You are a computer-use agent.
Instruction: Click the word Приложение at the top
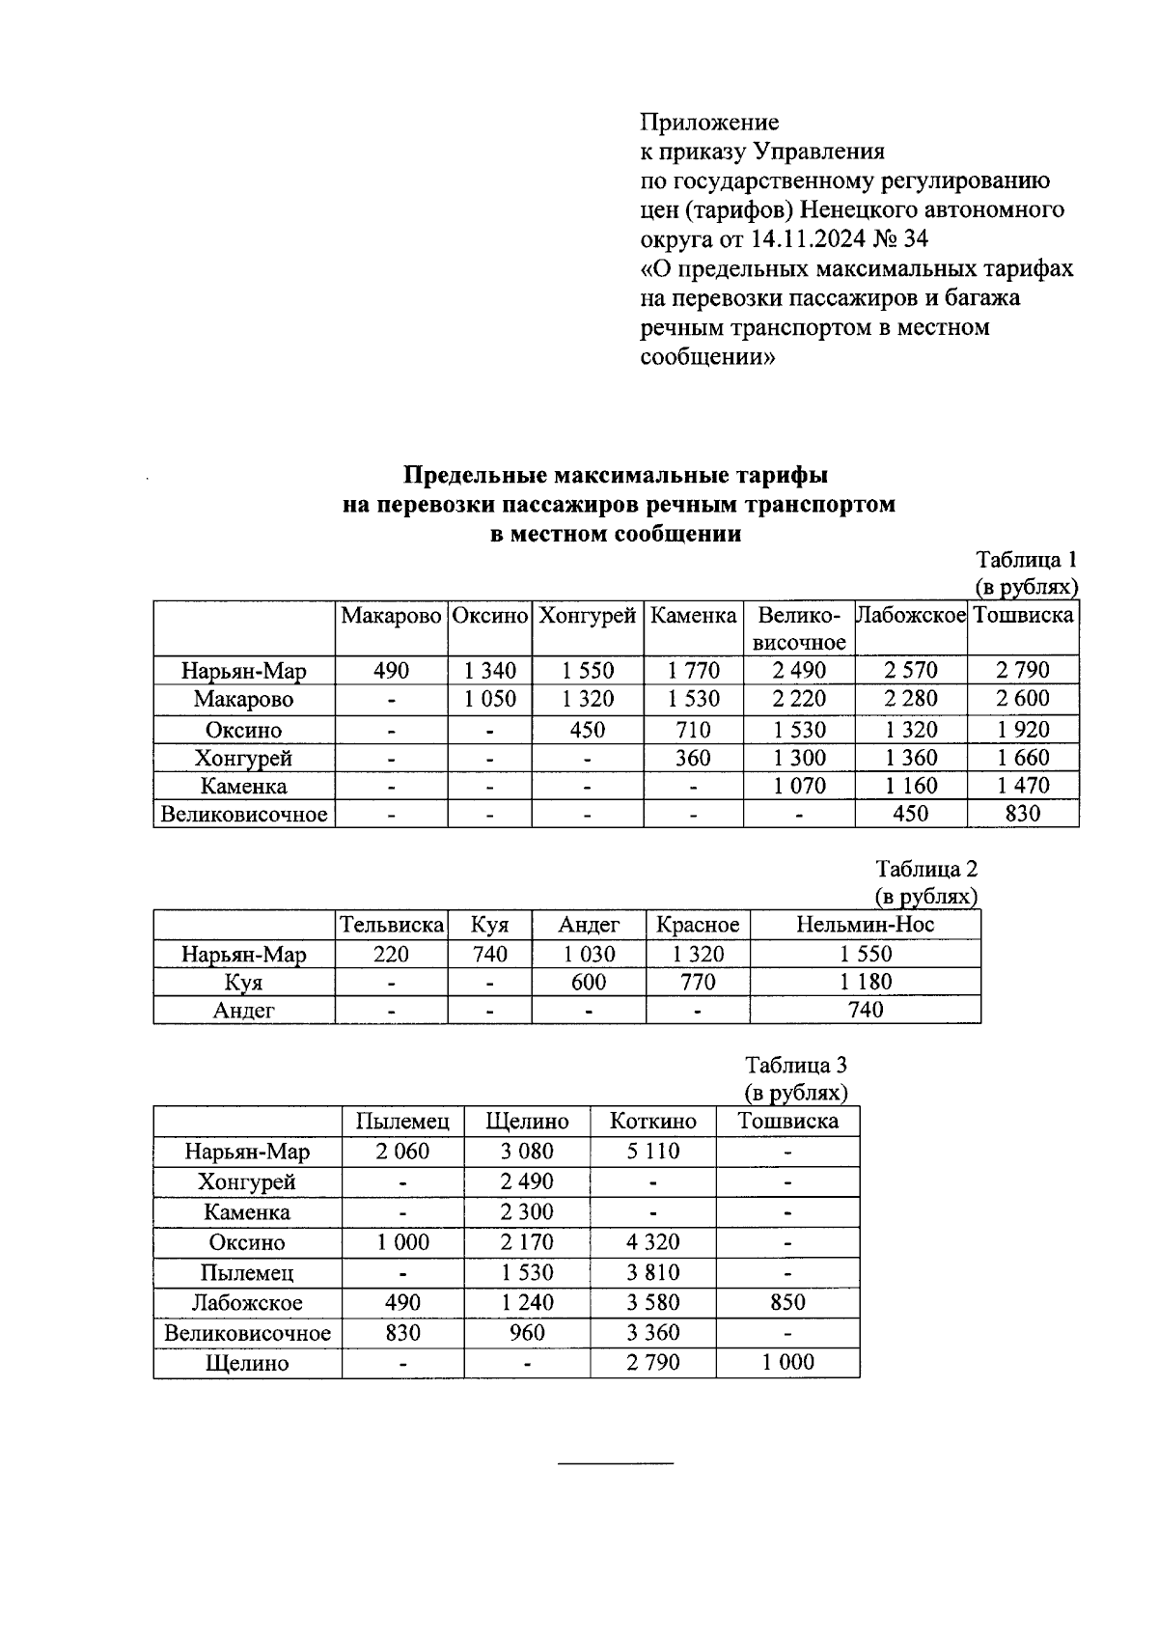click(709, 123)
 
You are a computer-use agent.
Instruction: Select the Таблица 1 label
click(1026, 560)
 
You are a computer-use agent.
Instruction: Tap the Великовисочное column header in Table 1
click(799, 628)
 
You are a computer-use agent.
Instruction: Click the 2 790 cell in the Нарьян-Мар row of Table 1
click(1023, 671)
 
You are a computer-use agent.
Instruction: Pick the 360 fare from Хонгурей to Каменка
click(693, 758)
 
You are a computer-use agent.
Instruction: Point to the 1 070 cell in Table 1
click(799, 786)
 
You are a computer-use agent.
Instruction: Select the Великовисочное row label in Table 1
click(244, 814)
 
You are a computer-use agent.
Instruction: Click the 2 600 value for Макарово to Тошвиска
click(1023, 699)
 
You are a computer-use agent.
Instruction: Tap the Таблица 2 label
click(926, 869)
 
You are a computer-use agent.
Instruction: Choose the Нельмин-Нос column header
click(865, 925)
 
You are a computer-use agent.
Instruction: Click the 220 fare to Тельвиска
click(391, 955)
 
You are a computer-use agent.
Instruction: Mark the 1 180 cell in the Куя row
click(865, 982)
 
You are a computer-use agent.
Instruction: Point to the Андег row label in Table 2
click(244, 1010)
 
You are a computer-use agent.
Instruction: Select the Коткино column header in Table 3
click(652, 1121)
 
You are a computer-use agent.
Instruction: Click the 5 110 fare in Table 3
click(652, 1151)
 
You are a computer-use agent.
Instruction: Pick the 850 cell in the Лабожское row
click(787, 1302)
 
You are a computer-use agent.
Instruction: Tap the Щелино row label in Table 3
click(247, 1363)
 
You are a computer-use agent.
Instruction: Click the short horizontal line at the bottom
click(616, 1464)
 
